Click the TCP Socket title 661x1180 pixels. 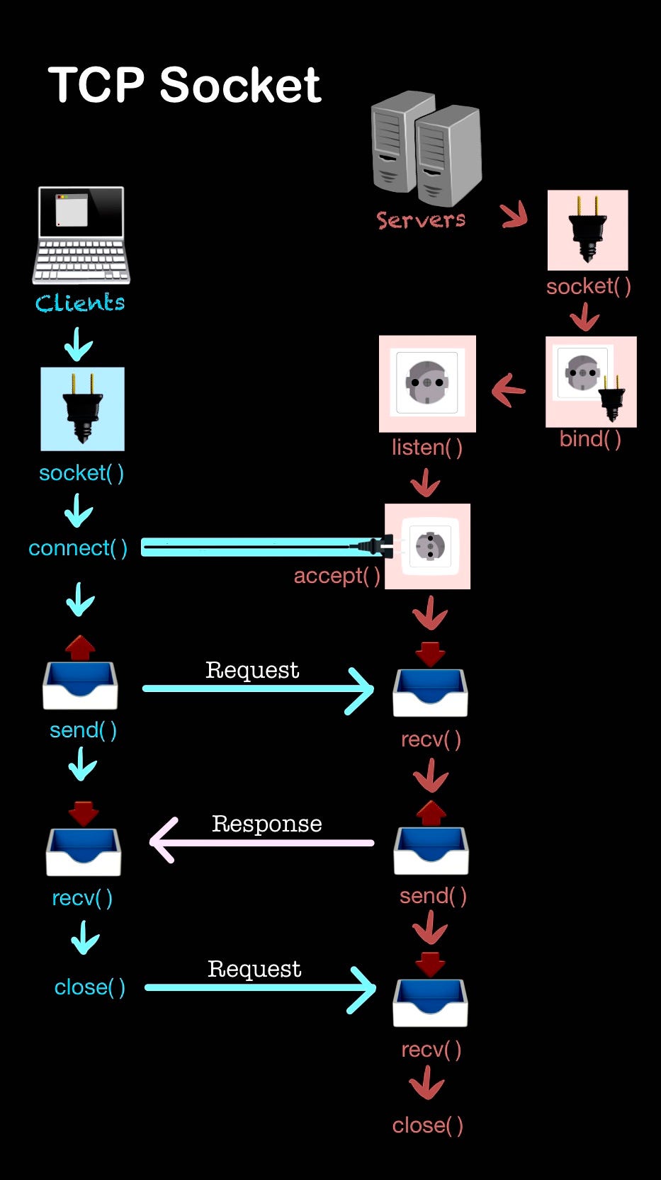point(184,86)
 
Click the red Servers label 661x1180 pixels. point(421,220)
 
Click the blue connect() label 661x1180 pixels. point(78,548)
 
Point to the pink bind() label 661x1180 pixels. point(590,439)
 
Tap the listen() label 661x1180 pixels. point(427,448)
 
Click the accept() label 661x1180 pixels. point(337,576)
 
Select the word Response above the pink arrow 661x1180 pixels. point(266,824)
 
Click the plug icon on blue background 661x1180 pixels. point(82,409)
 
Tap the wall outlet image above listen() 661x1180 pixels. point(427,383)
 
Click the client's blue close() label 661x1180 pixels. point(90,987)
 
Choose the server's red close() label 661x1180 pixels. point(428,1125)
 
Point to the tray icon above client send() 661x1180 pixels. point(80,683)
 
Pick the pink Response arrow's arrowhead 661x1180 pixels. point(162,841)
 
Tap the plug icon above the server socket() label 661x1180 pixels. point(587,229)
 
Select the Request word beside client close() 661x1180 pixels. point(254,969)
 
